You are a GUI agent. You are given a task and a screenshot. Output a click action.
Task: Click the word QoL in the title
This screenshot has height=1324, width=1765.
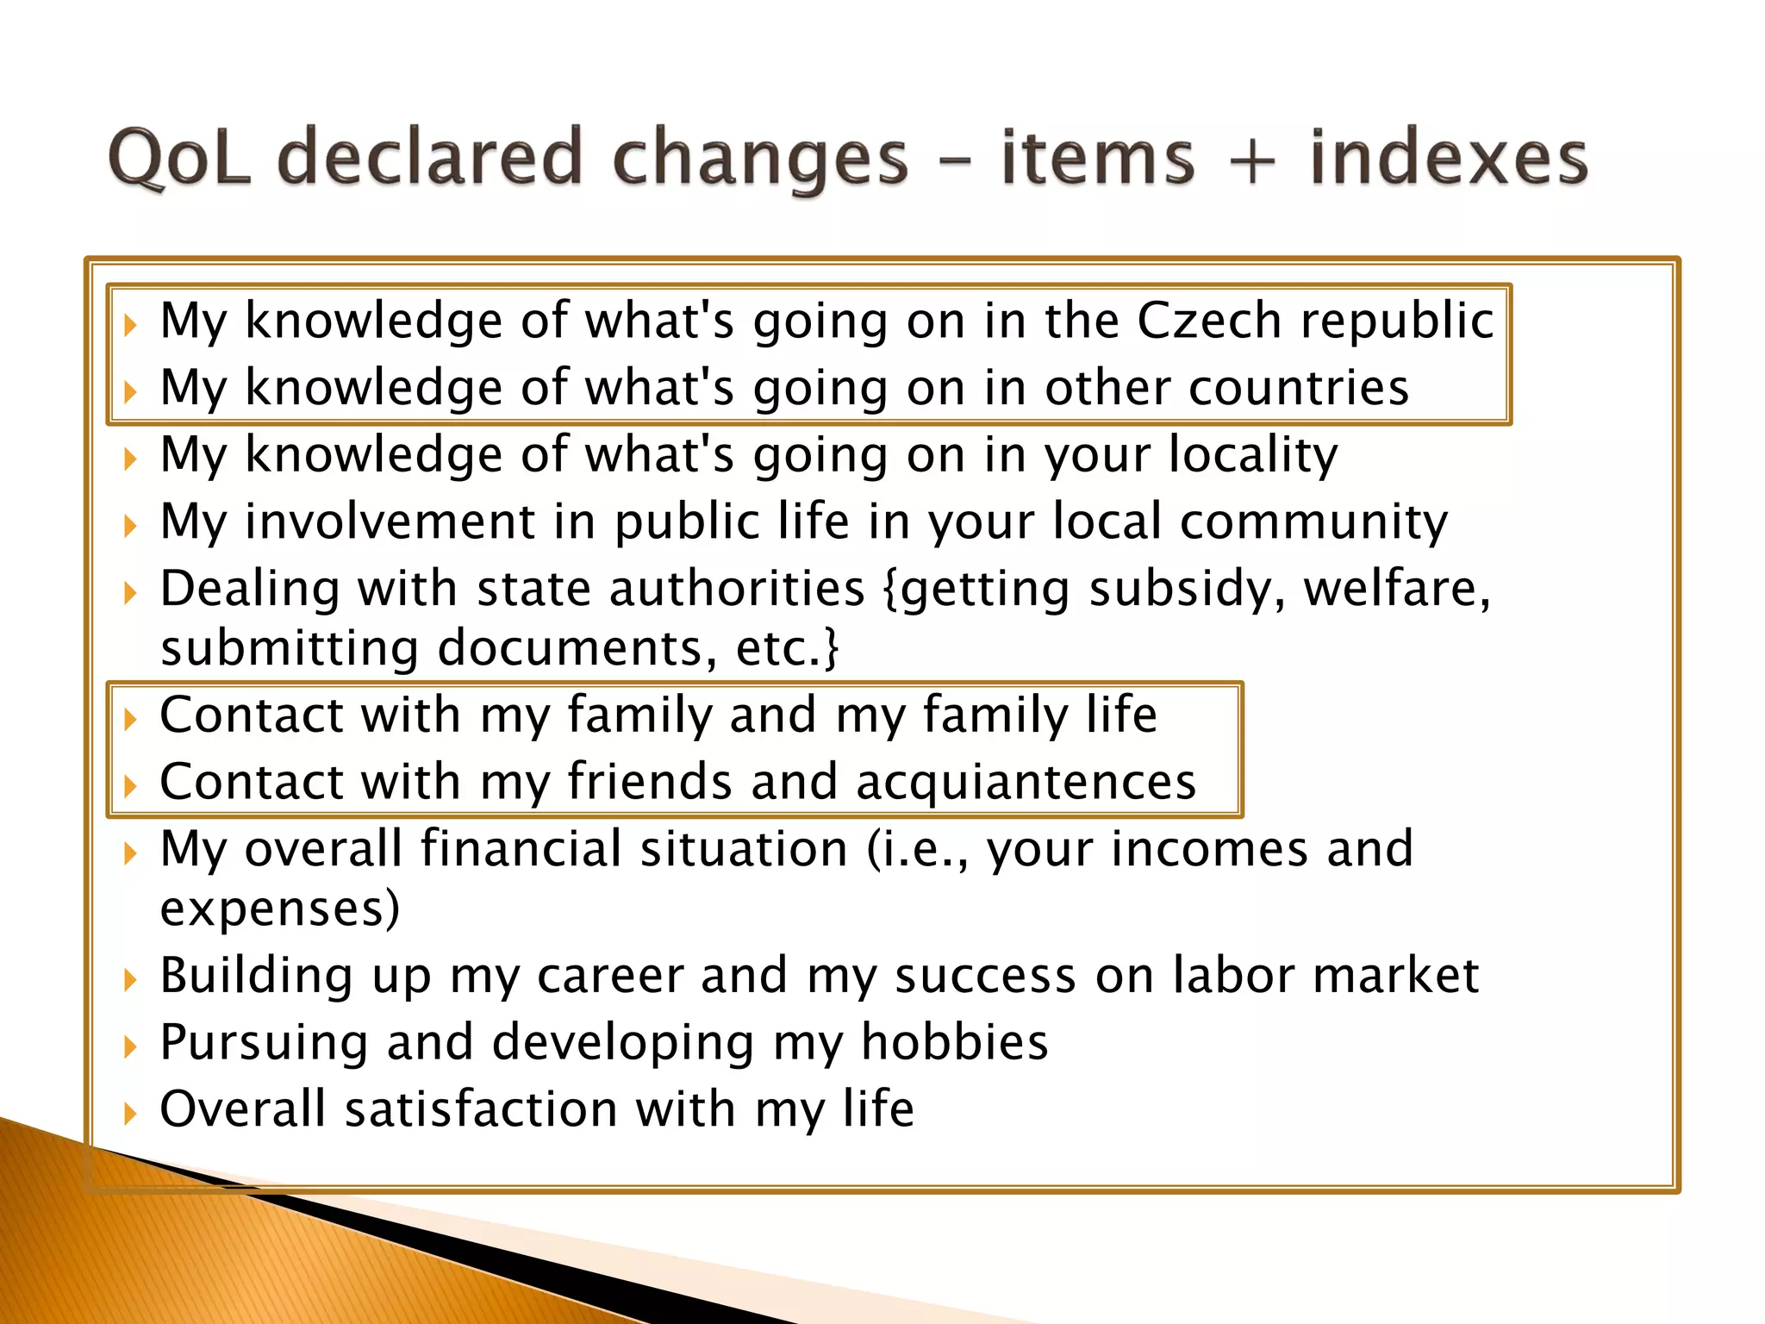click(x=180, y=157)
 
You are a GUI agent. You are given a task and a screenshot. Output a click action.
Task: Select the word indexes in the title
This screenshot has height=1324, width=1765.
click(x=1449, y=157)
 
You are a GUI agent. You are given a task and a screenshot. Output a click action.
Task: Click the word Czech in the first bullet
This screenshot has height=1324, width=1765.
click(x=1209, y=321)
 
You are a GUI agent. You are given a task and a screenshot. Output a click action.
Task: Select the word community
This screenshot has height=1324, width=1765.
click(x=1313, y=523)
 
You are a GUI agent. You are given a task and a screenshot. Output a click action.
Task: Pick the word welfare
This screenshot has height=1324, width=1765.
click(x=1396, y=590)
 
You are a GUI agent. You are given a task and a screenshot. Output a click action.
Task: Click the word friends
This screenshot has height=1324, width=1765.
click(x=649, y=782)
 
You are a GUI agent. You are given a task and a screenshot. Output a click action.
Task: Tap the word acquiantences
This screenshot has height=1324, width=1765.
click(x=1026, y=784)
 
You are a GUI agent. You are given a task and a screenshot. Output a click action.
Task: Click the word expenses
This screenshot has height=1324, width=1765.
click(x=280, y=909)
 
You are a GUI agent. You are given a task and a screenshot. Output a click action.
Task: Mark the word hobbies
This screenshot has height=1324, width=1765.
click(x=955, y=1042)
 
